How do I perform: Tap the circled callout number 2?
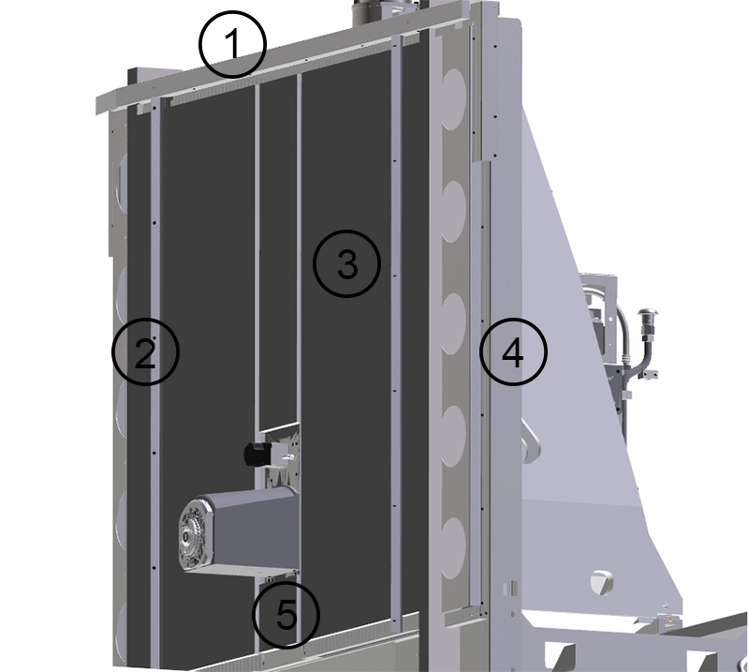145,351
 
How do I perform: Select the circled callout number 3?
346,265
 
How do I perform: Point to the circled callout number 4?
513,352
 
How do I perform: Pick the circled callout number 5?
286,615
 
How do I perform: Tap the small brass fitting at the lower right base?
670,620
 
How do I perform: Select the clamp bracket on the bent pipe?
644,378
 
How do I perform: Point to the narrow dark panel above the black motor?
277,253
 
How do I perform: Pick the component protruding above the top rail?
374,12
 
